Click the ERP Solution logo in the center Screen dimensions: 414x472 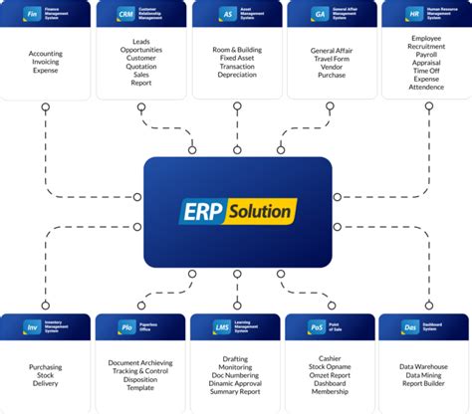click(236, 211)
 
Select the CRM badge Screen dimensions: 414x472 click(125, 16)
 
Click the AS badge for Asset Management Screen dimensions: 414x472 click(228, 16)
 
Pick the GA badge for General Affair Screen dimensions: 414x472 click(321, 16)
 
